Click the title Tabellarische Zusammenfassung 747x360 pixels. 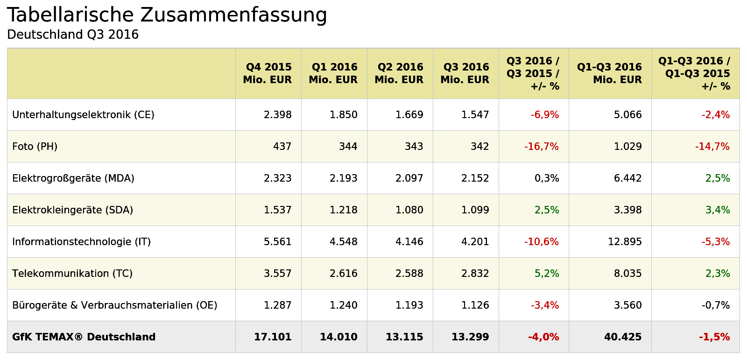point(167,15)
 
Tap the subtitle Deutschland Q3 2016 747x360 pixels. point(73,35)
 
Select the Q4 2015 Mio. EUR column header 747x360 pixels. point(268,73)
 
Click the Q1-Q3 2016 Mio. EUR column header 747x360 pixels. point(609,73)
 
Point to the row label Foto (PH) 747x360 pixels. point(35,147)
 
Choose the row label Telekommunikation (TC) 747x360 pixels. point(72,274)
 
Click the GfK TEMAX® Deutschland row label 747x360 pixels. point(84,337)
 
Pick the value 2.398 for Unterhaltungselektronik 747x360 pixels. point(277,115)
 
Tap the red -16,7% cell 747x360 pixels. point(541,147)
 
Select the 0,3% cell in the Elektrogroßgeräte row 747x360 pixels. point(547,178)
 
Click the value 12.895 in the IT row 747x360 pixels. point(625,242)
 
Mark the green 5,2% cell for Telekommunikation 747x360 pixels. point(547,274)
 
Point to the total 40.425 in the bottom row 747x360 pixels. point(623,337)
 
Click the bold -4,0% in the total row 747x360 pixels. point(543,337)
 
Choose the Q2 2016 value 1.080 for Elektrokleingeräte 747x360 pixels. point(409,210)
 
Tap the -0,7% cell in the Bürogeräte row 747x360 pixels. point(716,305)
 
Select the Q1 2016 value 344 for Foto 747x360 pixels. point(348,147)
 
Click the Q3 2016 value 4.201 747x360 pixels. point(475,242)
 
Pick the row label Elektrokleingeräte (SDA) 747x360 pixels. point(73,210)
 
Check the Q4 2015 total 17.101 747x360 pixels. point(273,337)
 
